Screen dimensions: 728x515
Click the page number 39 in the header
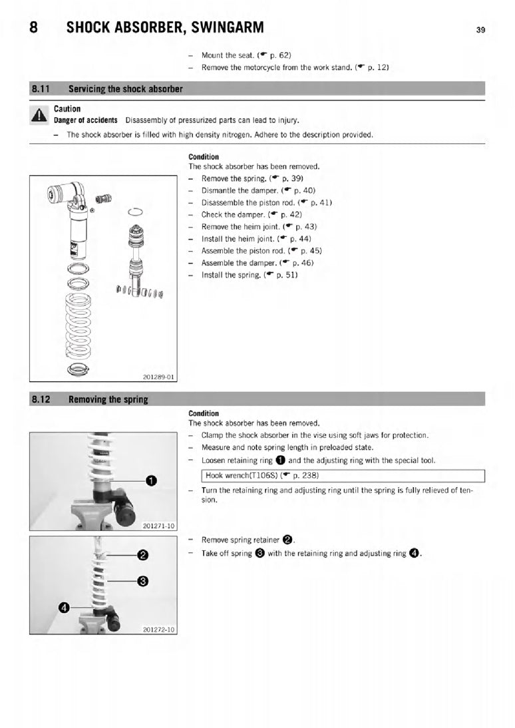click(x=480, y=30)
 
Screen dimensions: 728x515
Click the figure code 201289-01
click(x=158, y=377)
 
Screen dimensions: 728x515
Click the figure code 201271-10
click(x=158, y=526)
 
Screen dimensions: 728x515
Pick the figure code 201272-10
click(x=158, y=629)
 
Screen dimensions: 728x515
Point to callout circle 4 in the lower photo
click(x=64, y=607)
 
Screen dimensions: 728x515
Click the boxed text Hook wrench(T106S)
click(x=244, y=476)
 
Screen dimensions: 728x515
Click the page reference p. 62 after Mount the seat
click(x=279, y=55)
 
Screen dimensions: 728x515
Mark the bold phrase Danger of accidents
click(x=86, y=120)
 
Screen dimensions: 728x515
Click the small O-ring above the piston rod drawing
click(x=135, y=212)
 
